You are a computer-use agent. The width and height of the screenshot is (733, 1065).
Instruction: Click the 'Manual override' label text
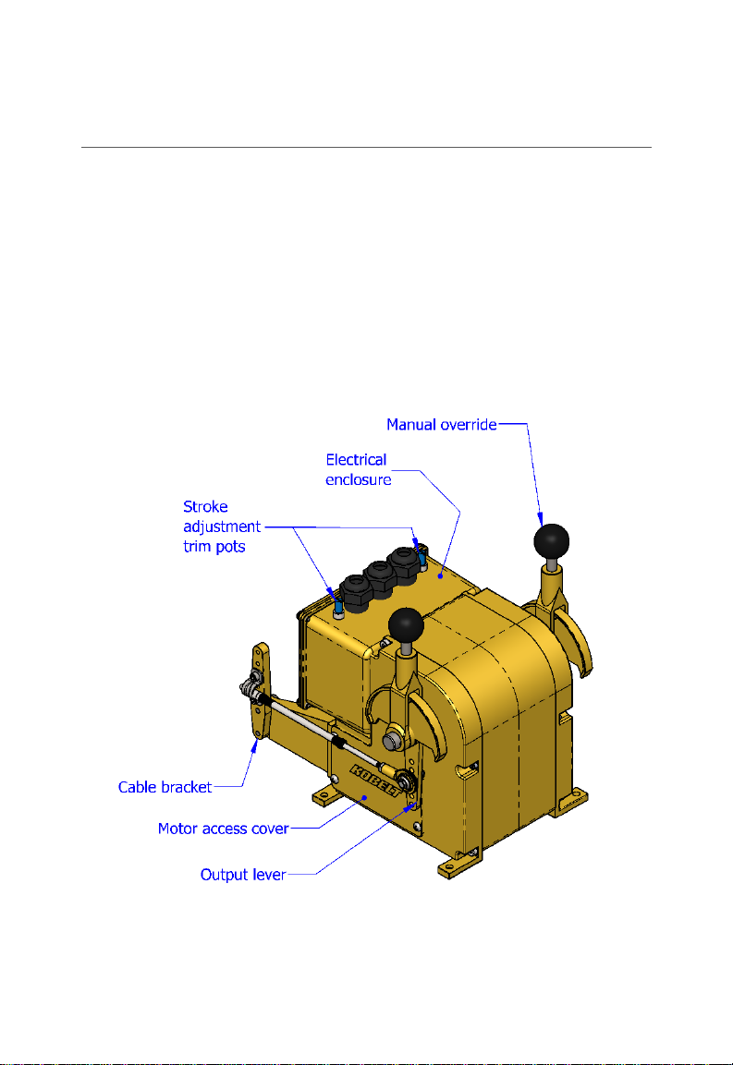coord(441,425)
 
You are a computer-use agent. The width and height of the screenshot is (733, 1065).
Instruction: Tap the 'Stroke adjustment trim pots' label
coord(221,526)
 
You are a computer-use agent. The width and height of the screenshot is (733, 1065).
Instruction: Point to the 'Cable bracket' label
coord(165,788)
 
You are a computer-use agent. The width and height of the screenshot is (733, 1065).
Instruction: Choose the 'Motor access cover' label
coord(224,829)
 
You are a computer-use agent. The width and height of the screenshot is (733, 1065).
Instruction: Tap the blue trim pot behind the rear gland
coord(421,557)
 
